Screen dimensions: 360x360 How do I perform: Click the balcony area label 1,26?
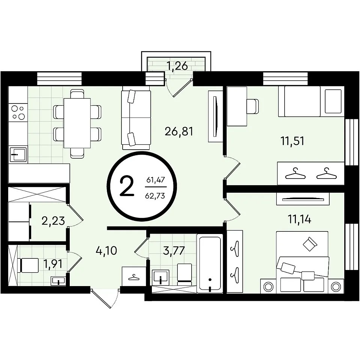coord(177,66)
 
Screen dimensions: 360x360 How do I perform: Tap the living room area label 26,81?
coord(179,132)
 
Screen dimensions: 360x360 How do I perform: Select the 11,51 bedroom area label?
coord(292,141)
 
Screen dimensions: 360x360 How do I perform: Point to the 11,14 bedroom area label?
coord(300,219)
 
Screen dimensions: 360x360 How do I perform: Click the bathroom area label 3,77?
coord(174,250)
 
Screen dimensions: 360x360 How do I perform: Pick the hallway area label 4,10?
coord(106,250)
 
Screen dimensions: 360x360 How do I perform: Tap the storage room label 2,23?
coord(53,221)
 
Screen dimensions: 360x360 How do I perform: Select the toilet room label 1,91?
coord(53,264)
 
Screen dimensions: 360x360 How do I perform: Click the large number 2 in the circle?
coord(127,186)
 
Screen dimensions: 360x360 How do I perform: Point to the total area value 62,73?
coord(155,196)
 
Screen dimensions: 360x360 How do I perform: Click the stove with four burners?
coord(18,113)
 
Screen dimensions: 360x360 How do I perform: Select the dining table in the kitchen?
coord(77,123)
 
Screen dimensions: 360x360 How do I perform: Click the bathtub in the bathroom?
coord(210,264)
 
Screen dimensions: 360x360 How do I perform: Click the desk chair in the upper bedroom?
coord(253,106)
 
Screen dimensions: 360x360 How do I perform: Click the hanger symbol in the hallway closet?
coord(134,277)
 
